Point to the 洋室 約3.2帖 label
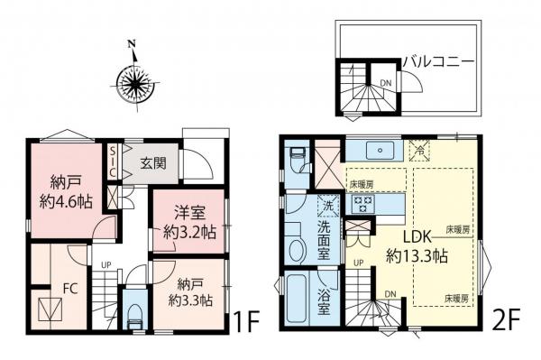[x=188, y=224]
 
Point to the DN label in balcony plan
[x=384, y=84]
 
